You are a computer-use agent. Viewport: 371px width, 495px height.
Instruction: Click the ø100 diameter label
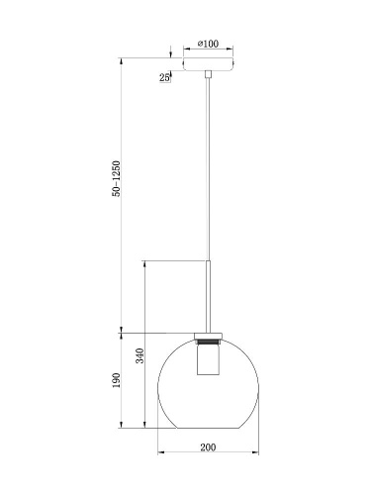[208, 43]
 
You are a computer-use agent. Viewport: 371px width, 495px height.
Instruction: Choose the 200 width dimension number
[208, 448]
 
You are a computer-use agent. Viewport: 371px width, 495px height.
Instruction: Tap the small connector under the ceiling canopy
[208, 74]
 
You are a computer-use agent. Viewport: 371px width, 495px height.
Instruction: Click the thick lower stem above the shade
[208, 293]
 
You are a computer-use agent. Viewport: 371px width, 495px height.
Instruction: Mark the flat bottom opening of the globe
[208, 429]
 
